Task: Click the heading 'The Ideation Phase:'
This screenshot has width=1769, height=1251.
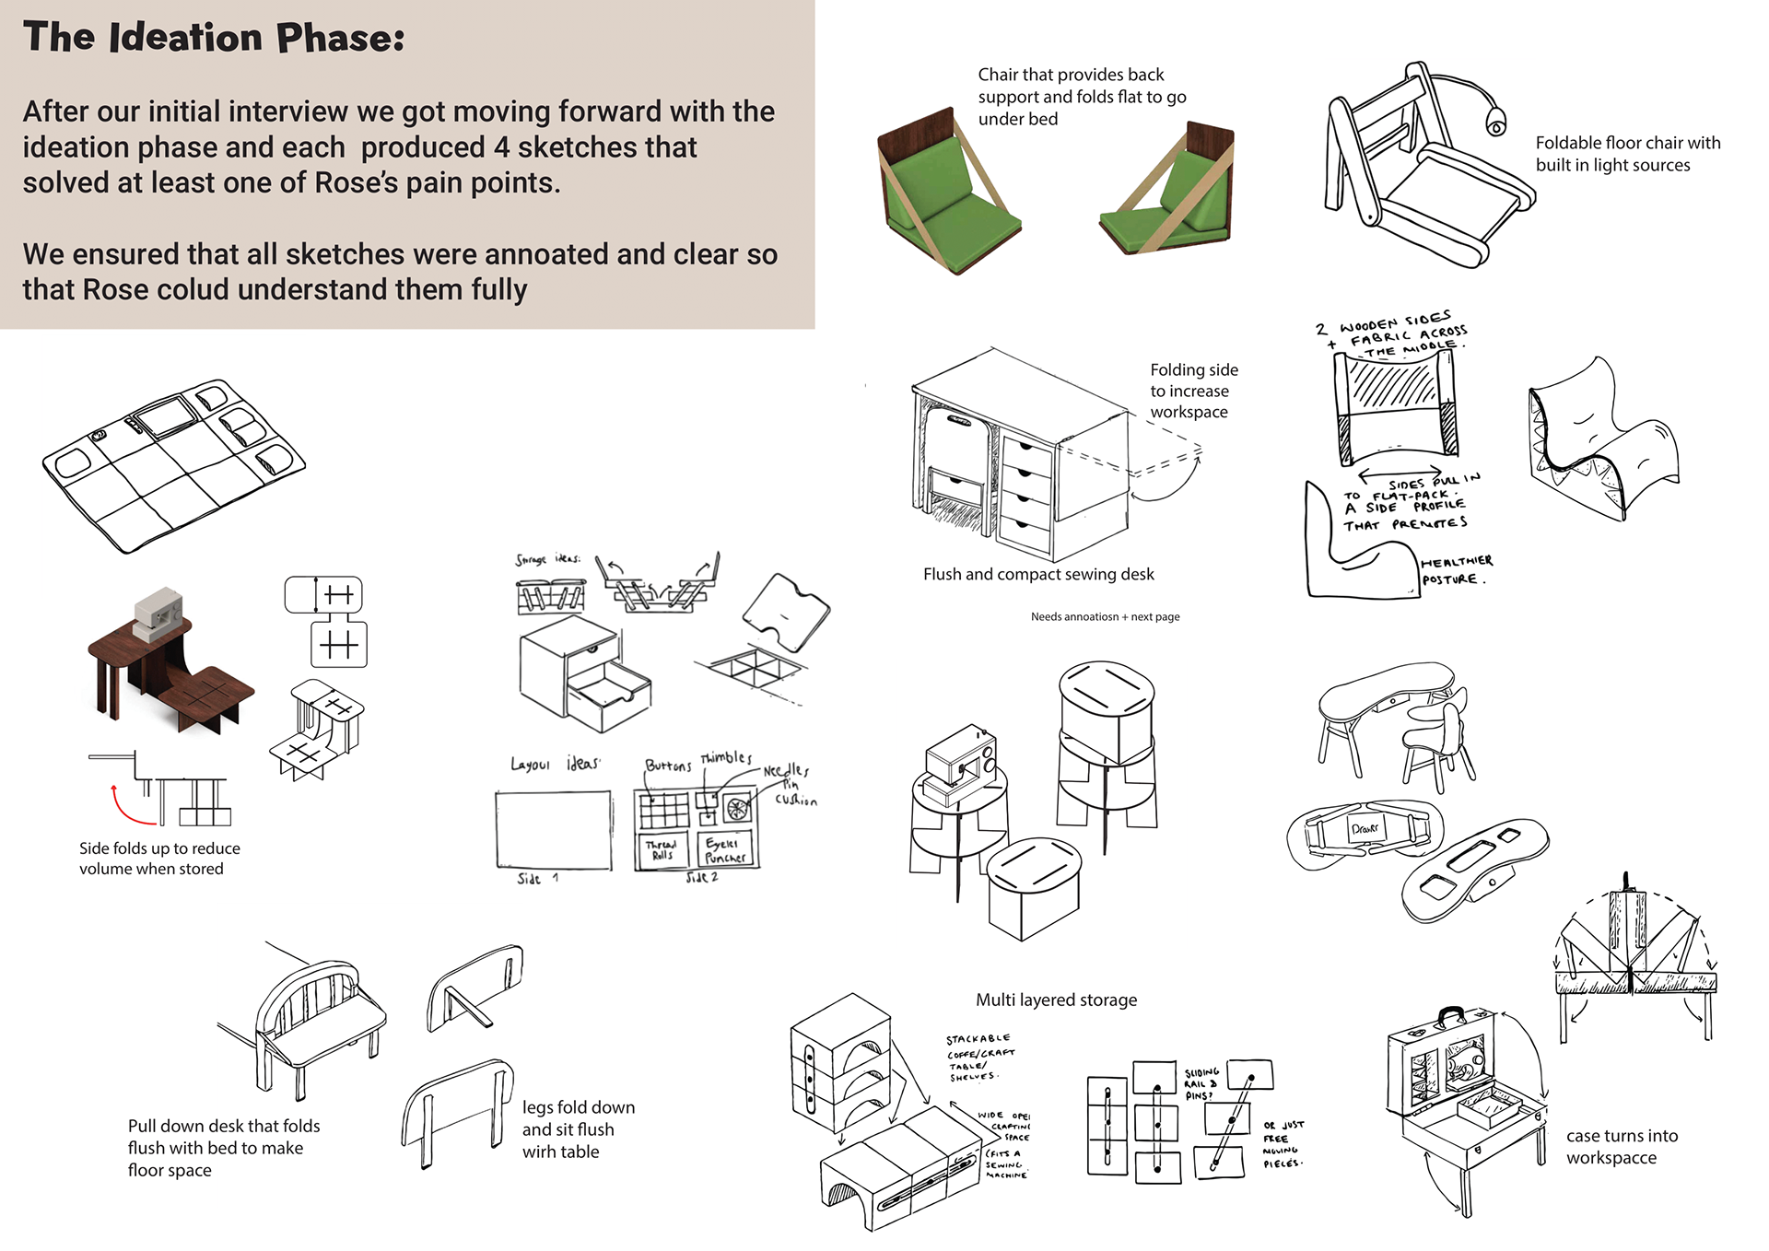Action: (x=214, y=38)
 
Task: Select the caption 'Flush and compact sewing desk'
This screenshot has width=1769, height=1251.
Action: (x=1038, y=574)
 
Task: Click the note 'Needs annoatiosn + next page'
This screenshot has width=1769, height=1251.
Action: (x=1105, y=616)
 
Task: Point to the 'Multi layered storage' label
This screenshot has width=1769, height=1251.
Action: (x=1056, y=1000)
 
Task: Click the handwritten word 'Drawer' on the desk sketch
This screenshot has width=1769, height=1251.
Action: (x=1365, y=828)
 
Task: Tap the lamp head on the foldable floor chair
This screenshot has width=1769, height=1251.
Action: (x=1494, y=123)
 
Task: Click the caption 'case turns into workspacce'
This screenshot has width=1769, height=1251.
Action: (x=1622, y=1147)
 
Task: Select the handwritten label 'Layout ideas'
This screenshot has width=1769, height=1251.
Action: (x=556, y=764)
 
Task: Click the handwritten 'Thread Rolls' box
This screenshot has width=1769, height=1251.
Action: (x=661, y=849)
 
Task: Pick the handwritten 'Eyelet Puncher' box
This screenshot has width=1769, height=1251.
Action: (x=725, y=849)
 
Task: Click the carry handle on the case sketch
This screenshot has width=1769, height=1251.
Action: (x=1452, y=1015)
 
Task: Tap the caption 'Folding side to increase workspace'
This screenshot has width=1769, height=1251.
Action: (x=1193, y=391)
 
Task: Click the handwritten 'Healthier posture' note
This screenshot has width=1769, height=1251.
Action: (x=1456, y=570)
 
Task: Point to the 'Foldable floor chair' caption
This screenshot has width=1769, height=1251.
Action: (x=1627, y=154)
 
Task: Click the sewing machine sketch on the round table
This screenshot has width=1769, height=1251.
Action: (x=960, y=763)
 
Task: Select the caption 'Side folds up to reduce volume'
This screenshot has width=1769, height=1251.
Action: (x=159, y=859)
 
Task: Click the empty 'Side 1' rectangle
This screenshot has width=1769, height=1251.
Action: (x=554, y=829)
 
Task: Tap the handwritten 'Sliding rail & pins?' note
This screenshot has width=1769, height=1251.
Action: (x=1202, y=1083)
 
